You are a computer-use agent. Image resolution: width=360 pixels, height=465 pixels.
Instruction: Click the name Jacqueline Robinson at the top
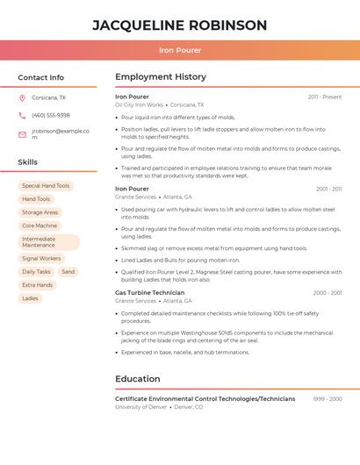point(180,25)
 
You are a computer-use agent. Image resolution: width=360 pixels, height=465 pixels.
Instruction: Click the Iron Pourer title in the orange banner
point(180,50)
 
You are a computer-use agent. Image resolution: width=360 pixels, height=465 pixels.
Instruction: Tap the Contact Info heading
point(41,77)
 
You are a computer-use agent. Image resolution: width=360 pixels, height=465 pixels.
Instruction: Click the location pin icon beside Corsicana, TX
point(22,97)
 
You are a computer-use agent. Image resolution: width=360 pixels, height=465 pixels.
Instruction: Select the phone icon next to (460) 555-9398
point(22,115)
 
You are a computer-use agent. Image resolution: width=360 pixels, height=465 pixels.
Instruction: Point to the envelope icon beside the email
point(22,134)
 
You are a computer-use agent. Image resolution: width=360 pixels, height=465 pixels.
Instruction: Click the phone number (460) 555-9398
point(51,115)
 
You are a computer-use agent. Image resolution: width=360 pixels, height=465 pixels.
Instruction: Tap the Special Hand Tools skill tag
point(46,186)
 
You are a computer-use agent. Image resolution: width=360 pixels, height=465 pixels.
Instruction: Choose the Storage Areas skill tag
point(40,212)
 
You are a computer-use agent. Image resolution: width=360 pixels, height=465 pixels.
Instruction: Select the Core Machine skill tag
point(40,225)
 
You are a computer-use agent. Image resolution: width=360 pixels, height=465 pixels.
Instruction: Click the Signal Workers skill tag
point(41,259)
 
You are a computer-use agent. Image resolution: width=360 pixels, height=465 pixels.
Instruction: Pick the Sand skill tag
point(68,272)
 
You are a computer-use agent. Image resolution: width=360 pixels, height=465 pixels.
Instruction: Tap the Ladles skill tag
point(31,298)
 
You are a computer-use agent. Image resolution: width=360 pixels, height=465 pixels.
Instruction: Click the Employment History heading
point(161,77)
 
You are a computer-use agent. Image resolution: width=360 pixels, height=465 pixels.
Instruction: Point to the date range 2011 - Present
point(325,97)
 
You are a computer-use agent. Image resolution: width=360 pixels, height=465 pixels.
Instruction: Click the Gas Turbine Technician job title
point(150,292)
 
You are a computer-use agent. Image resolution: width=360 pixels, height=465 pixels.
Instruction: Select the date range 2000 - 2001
point(328,293)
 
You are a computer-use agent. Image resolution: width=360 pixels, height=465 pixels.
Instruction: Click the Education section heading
point(138,379)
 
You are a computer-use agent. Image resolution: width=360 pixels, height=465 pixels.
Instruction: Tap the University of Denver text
point(140,407)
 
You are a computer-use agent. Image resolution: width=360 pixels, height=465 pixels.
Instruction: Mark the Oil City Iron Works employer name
point(139,104)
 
